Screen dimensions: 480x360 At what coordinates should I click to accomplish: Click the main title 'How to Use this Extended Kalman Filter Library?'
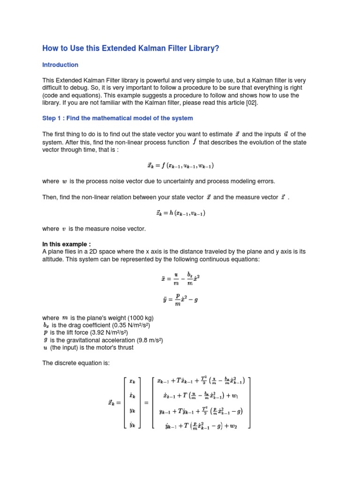click(x=131, y=48)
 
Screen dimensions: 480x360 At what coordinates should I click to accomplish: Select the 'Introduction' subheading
click(x=60, y=65)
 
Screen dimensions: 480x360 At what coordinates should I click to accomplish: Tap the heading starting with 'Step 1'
click(x=117, y=118)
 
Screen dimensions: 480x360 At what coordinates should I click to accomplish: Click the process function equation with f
click(x=180, y=165)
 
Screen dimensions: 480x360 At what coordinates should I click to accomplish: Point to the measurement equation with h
click(x=180, y=213)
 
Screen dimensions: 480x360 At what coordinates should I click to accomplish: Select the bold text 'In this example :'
click(x=67, y=244)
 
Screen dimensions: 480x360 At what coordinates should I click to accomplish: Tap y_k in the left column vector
click(x=132, y=410)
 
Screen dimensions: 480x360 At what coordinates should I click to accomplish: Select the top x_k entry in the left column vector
click(x=132, y=382)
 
